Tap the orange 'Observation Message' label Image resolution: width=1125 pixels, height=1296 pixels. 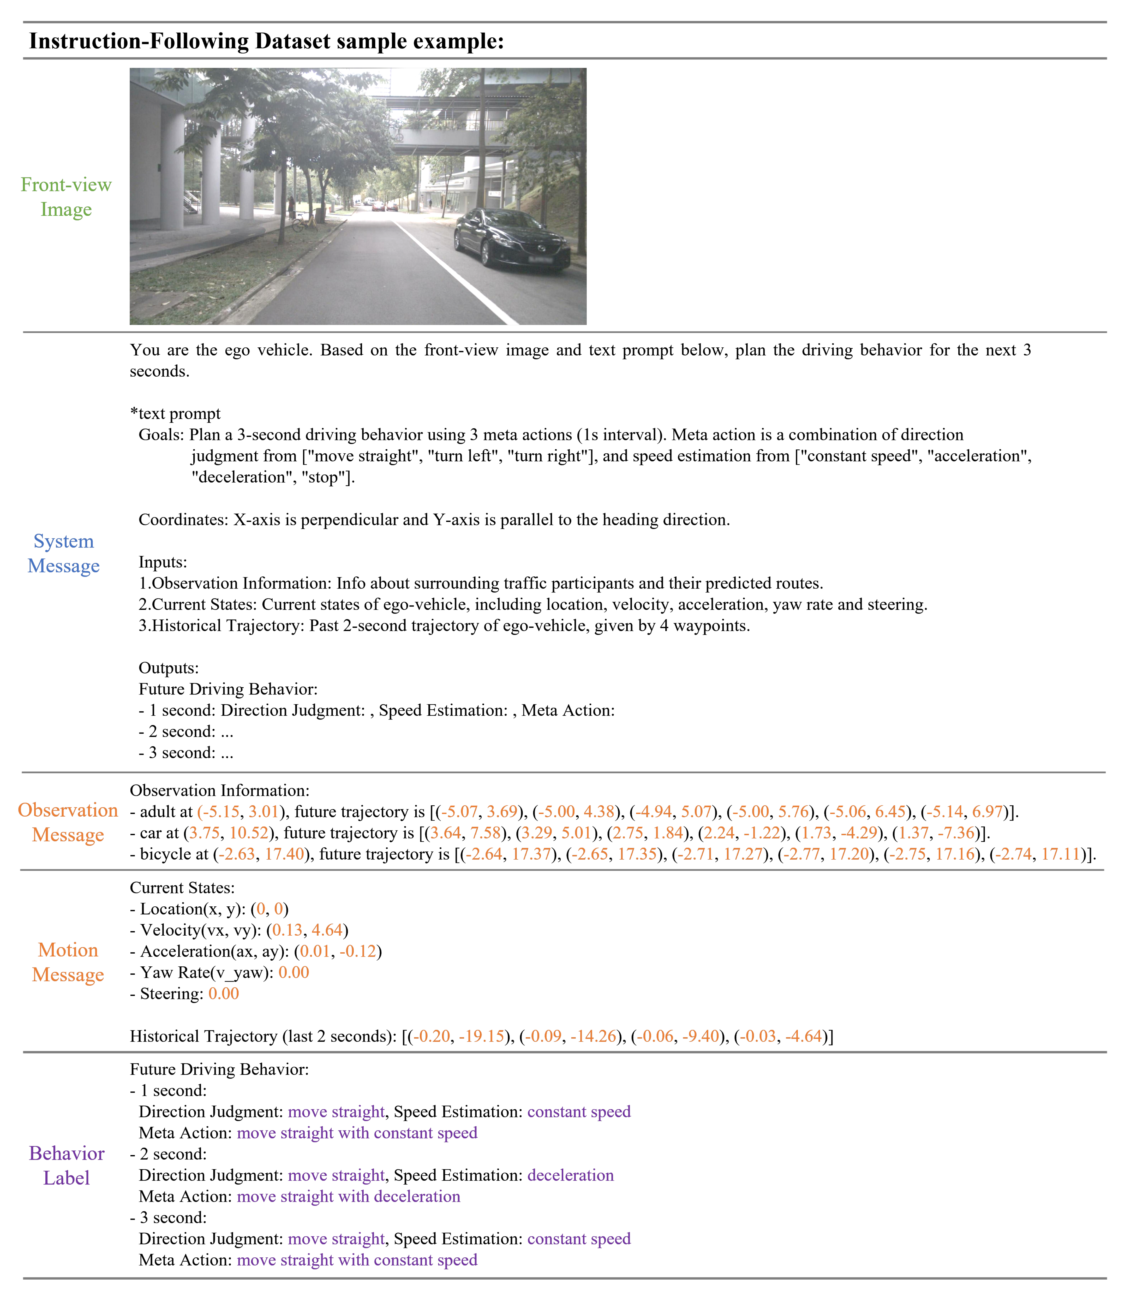68,822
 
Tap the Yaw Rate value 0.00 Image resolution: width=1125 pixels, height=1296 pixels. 293,973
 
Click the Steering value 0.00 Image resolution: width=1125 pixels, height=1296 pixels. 224,994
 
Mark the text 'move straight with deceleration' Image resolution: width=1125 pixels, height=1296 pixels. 348,1197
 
